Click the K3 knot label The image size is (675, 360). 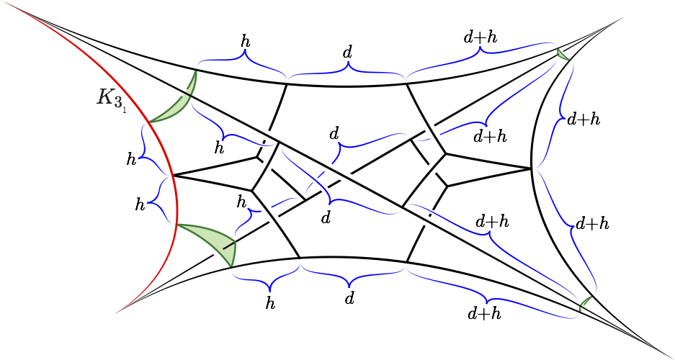tap(109, 98)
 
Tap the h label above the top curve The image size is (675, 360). tap(245, 41)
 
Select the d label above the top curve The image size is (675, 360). tap(347, 52)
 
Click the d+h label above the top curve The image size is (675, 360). tap(480, 36)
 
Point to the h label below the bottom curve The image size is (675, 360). tap(270, 303)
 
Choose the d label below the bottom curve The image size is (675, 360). tap(349, 297)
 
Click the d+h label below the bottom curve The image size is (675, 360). tap(484, 313)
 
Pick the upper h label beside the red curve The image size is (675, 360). tap(131, 159)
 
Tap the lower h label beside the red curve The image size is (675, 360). tap(140, 205)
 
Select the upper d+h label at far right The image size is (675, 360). tap(584, 120)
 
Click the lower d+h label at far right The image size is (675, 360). tap(592, 223)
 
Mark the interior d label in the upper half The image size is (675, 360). tap(334, 134)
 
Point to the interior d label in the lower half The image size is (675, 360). tap(326, 217)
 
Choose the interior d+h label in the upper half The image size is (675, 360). tap(490, 135)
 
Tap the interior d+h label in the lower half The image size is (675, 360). tap(492, 221)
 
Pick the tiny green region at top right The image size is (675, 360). tap(562, 54)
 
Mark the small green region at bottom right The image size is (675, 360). tap(584, 304)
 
